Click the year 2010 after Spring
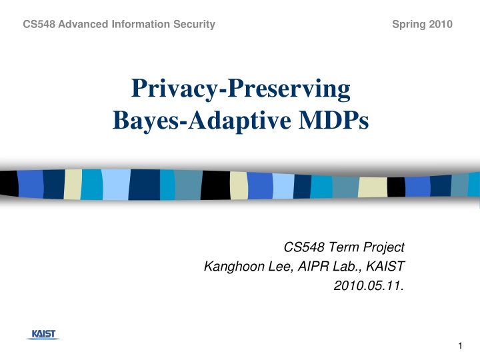(x=441, y=25)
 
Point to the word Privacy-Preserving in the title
(x=240, y=89)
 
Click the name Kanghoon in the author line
(x=229, y=267)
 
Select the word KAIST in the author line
(x=384, y=267)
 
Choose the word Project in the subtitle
(x=383, y=248)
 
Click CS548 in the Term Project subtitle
(x=304, y=248)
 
